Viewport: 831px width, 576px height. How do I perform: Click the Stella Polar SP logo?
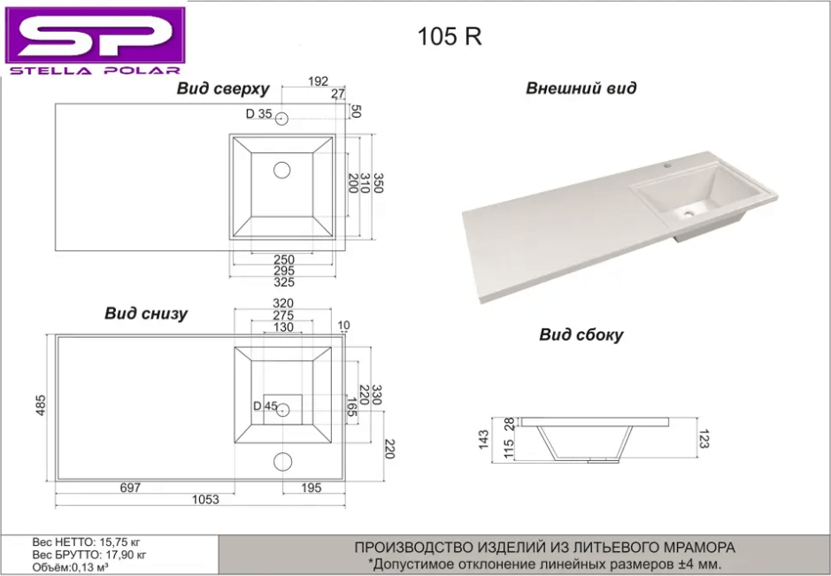coord(96,42)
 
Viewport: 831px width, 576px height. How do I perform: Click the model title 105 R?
coord(450,36)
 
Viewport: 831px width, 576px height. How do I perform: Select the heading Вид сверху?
coord(223,88)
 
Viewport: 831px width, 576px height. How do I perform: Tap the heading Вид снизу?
coord(146,313)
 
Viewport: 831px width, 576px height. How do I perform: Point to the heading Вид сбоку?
coord(581,335)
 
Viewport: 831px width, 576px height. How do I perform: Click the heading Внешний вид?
coord(581,88)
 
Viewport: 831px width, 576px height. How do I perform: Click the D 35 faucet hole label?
coord(258,114)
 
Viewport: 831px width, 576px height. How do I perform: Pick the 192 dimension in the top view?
coord(318,81)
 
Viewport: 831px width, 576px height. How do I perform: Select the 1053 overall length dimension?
coord(205,500)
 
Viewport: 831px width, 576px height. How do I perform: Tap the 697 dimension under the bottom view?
coord(130,488)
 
